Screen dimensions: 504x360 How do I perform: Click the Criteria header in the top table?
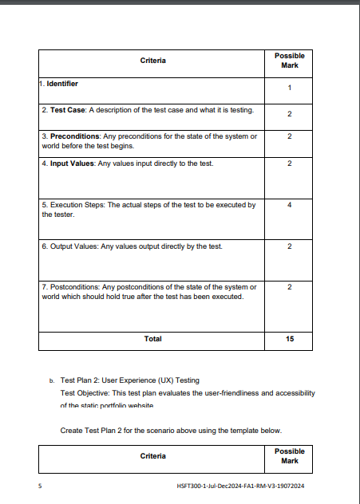tap(152, 61)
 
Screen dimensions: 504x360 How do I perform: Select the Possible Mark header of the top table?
tap(289, 61)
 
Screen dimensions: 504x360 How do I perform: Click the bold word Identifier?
tap(62, 83)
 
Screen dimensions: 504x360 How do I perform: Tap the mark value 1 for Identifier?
tap(289, 88)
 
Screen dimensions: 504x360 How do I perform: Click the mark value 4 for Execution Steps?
tap(289, 206)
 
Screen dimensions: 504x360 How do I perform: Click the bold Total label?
tap(152, 339)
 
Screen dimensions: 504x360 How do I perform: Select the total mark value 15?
tap(289, 339)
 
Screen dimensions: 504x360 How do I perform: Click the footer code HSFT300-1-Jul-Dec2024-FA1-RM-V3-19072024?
tap(244, 485)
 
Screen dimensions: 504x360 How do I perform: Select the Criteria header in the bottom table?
tap(152, 456)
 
